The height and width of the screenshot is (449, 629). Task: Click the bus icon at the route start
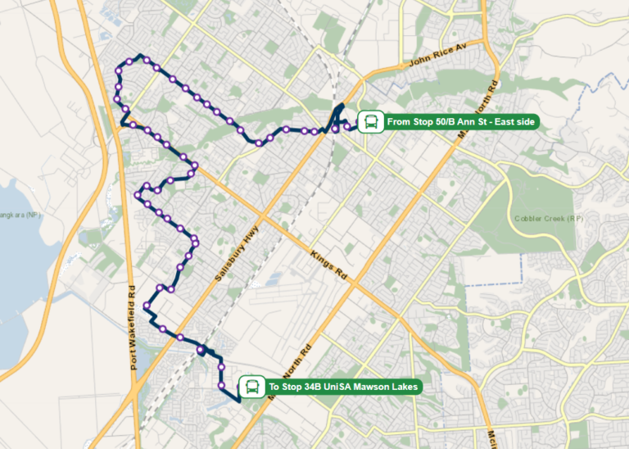370,123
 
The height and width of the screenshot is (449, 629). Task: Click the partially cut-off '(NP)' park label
31,215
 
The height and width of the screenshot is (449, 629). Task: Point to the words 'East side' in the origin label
513,123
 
